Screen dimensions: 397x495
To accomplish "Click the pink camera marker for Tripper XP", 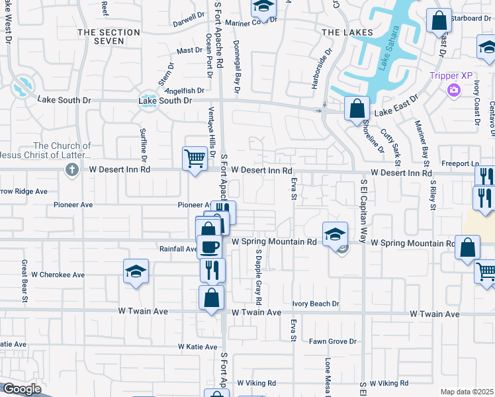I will pos(454,89).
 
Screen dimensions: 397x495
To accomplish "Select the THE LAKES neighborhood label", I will pos(347,32).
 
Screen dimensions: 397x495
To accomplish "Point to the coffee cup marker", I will pos(209,247).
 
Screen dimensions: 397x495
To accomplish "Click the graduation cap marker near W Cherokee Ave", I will pos(136,271).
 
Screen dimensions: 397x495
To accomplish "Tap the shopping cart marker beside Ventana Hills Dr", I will pos(195,158).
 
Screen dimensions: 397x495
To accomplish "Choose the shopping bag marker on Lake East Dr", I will pos(357,109).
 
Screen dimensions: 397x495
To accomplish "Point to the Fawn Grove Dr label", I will pos(333,341).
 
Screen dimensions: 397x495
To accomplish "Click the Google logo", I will pos(22,389).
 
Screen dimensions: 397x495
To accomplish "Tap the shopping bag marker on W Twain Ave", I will pos(211,298).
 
